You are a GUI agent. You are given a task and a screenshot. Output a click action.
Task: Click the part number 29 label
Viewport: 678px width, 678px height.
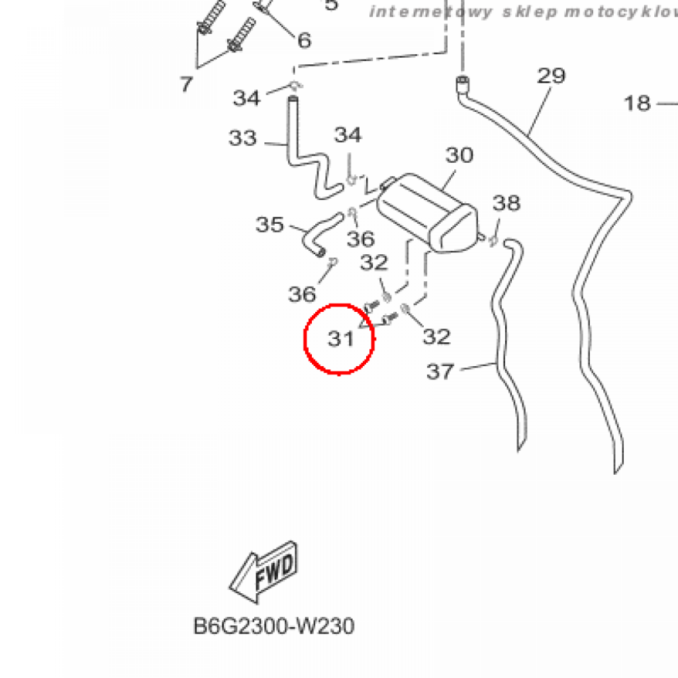(x=552, y=75)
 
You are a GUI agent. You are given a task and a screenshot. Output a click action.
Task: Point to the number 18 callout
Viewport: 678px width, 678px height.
(x=638, y=103)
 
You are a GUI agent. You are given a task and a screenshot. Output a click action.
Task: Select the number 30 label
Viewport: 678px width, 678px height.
(x=459, y=156)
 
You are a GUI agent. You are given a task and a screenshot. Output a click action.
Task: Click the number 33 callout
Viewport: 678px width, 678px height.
(x=242, y=138)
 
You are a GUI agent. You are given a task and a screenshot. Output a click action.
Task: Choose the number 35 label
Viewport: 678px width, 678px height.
(x=269, y=225)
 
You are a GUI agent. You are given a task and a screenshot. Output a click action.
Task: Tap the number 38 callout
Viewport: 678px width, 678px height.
(x=507, y=203)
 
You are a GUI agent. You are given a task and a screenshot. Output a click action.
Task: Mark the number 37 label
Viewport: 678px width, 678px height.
(x=440, y=371)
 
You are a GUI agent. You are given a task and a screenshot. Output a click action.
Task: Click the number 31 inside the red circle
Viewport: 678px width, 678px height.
(x=342, y=339)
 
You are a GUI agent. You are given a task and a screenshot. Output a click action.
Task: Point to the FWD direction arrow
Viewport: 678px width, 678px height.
(x=265, y=571)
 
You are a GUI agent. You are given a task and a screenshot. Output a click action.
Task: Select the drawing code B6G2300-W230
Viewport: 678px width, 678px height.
(x=273, y=626)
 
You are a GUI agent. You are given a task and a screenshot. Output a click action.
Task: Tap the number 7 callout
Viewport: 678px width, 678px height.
(x=186, y=84)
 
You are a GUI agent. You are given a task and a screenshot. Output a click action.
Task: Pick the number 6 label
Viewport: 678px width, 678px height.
(x=304, y=41)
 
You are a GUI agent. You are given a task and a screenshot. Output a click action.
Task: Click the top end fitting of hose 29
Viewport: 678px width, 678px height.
(x=461, y=83)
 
